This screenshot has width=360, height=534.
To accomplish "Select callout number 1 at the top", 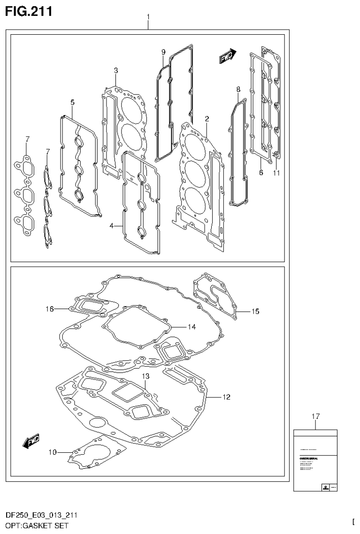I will click(148, 17).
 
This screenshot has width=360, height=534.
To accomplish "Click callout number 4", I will click(73, 102).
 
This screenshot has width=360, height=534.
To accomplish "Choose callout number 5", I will click(261, 173).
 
